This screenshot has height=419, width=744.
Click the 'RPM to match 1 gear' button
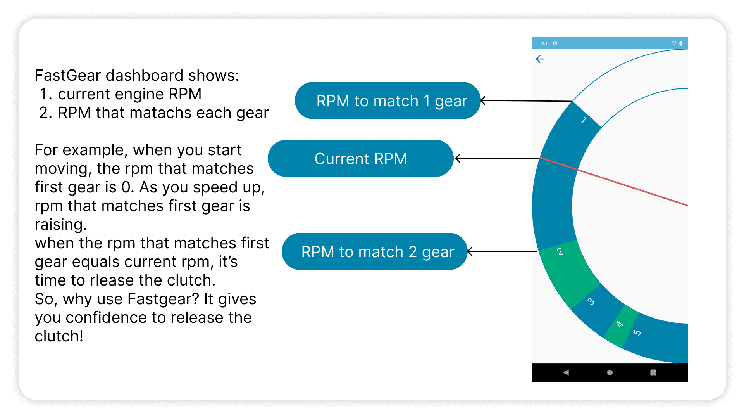387,100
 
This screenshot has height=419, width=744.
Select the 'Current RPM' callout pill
360,158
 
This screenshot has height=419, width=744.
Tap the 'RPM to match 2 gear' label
374,251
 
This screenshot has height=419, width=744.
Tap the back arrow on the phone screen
540,59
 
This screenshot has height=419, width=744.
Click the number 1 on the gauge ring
584,120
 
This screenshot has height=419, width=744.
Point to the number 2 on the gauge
560,252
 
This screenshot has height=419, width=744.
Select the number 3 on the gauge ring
591,301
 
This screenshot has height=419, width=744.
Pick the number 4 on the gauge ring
620,324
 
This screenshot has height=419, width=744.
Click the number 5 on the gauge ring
637,332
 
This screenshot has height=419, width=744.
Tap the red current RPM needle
614,182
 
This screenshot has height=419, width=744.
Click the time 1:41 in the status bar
542,43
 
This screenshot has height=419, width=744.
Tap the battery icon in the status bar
681,43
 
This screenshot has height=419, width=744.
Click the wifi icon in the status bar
674,43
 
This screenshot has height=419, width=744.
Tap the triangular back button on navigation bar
566,372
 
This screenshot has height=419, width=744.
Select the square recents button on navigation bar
653,372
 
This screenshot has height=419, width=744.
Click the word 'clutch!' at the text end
59,336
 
